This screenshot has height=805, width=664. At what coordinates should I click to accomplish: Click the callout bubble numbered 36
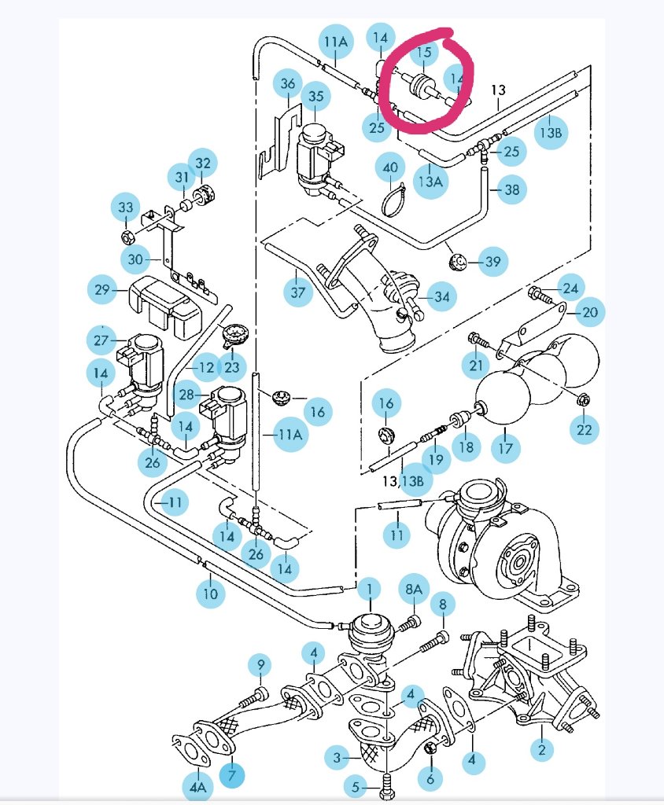[288, 84]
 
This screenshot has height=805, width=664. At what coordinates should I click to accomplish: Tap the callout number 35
[316, 97]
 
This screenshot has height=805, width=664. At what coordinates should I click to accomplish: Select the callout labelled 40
[391, 168]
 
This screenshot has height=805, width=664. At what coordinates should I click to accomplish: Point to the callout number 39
[492, 262]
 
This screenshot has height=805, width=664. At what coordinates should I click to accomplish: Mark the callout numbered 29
[101, 290]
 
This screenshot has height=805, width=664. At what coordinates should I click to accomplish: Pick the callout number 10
[210, 594]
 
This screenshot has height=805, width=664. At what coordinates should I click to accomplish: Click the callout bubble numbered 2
[541, 749]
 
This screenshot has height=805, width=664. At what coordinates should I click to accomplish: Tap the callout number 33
[126, 208]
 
